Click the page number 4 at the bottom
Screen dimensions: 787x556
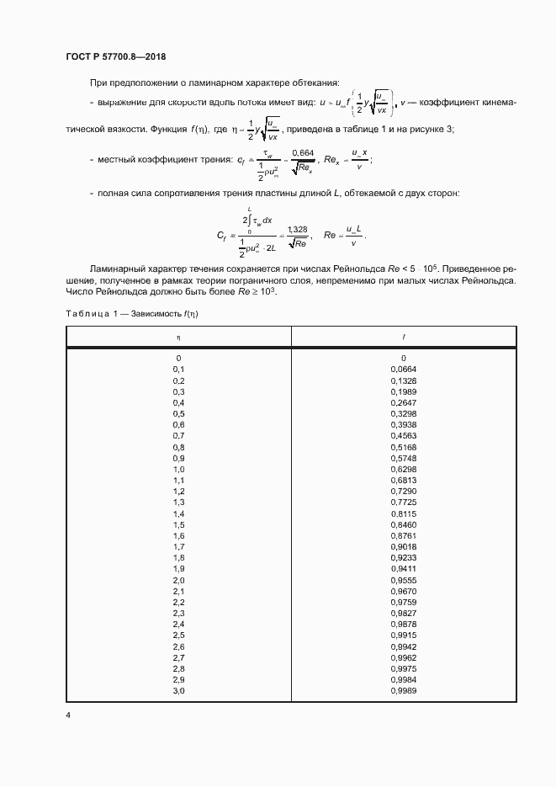click(x=68, y=715)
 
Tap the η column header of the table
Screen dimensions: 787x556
click(x=178, y=337)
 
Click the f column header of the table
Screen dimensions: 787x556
click(x=404, y=337)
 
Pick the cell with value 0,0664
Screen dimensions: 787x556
click(x=404, y=370)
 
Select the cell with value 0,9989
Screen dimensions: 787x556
click(x=404, y=690)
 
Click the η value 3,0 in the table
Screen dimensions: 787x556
click(x=178, y=690)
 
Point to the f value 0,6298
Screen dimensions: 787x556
click(x=404, y=469)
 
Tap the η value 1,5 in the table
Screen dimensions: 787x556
click(x=178, y=524)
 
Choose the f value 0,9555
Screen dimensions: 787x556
click(x=404, y=580)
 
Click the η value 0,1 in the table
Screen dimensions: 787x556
click(x=178, y=370)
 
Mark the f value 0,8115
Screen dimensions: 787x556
click(x=404, y=513)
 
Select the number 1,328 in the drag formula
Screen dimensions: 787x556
click(x=298, y=229)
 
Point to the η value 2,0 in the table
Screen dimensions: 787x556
click(x=178, y=580)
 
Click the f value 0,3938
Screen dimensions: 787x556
click(x=404, y=425)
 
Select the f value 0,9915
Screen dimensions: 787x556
click(x=404, y=635)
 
